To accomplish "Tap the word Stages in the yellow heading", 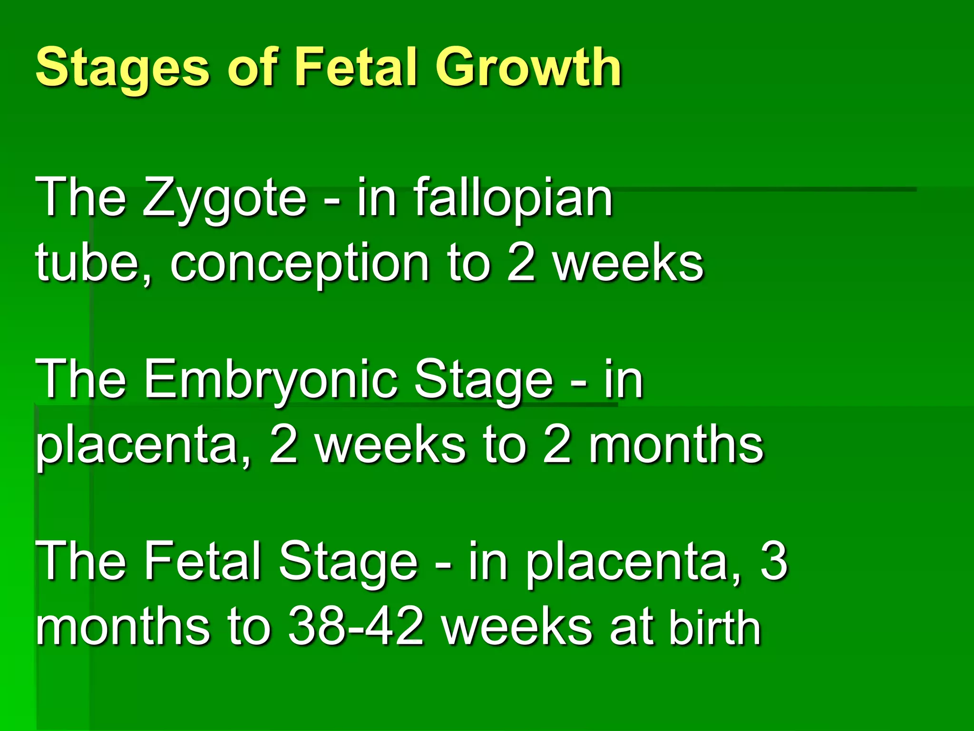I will point(123,68).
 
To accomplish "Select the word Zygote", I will point(224,198).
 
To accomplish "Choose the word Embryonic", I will point(271,380).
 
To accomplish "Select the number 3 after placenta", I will point(774,562).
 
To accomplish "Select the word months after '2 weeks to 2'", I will point(676,445).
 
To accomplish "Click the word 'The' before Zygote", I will point(81,198).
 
